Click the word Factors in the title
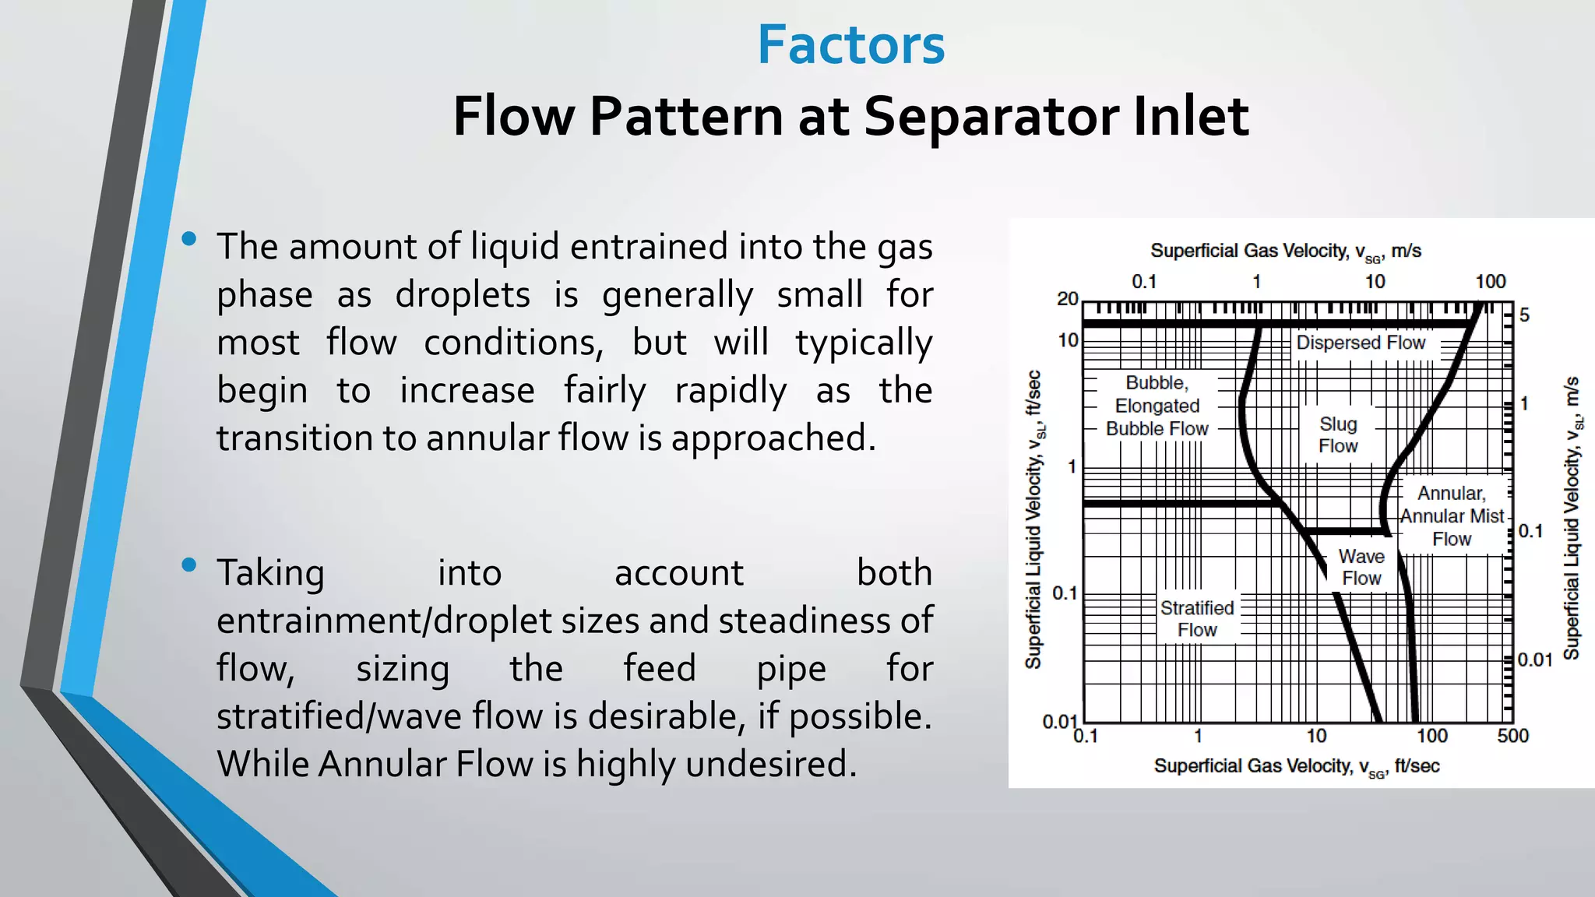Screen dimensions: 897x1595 click(850, 45)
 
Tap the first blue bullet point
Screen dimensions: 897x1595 click(188, 239)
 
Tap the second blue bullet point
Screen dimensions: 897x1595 click(188, 565)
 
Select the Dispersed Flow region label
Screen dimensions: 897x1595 click(1360, 343)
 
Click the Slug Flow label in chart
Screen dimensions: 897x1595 click(1338, 435)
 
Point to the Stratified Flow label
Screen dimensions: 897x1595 click(1197, 619)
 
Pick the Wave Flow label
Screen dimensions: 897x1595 click(1361, 568)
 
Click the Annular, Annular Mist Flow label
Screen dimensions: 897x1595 click(1452, 516)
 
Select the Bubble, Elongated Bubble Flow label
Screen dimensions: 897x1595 click(1157, 406)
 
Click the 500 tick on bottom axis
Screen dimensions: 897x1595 click(1512, 736)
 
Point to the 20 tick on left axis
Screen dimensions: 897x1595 click(1067, 299)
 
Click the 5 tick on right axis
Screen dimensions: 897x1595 click(1524, 315)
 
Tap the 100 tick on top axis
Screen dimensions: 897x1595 click(1490, 282)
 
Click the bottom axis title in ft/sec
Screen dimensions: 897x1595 click(1296, 767)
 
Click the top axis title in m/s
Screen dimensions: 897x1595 click(1285, 252)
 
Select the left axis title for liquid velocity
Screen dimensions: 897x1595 click(1034, 520)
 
